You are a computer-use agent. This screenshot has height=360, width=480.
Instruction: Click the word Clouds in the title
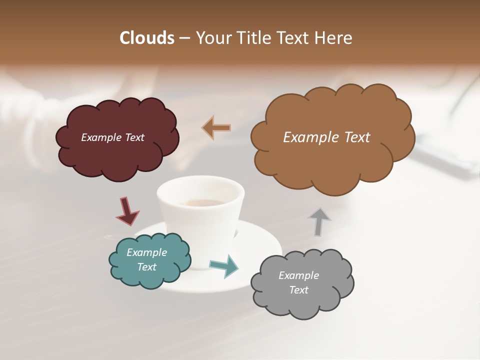click(147, 38)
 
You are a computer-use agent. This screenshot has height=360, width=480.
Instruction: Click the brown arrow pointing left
click(216, 127)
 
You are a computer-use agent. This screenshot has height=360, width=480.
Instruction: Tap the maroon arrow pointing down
click(127, 211)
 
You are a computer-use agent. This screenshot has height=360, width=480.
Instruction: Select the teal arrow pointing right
click(224, 266)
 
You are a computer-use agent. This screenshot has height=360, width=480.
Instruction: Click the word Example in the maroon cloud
click(101, 137)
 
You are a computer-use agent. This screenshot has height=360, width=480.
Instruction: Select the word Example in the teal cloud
click(147, 252)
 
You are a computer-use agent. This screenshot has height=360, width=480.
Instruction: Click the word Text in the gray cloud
click(299, 290)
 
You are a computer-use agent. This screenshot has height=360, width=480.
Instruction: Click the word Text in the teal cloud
click(147, 267)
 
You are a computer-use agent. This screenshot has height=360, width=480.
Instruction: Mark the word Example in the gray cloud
click(299, 275)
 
